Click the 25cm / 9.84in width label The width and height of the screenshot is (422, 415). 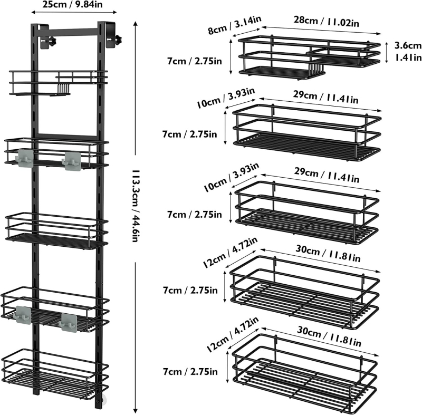(x=72, y=4)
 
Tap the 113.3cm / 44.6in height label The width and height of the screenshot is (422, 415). (x=136, y=206)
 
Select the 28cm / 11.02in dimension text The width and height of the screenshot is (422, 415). (x=326, y=22)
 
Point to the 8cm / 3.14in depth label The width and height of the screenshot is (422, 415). (x=234, y=25)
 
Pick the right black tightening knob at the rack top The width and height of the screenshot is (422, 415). (x=118, y=39)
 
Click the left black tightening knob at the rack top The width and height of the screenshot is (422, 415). (x=54, y=42)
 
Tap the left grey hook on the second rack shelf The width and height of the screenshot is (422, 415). (x=25, y=159)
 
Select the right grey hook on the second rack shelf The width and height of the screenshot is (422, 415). (x=71, y=161)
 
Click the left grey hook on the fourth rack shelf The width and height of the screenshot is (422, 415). (x=23, y=315)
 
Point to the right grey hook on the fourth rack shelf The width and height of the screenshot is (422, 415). (x=68, y=322)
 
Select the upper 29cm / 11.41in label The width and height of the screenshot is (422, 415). (x=325, y=97)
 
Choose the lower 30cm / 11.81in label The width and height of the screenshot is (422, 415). (x=329, y=336)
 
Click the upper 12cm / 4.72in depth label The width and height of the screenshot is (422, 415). (x=230, y=252)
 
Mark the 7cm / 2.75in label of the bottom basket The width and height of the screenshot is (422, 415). (x=190, y=372)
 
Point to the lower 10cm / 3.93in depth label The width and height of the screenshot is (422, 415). (x=231, y=178)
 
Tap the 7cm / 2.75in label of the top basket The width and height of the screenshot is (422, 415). (x=195, y=61)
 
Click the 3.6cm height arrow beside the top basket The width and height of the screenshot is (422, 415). (x=387, y=52)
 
